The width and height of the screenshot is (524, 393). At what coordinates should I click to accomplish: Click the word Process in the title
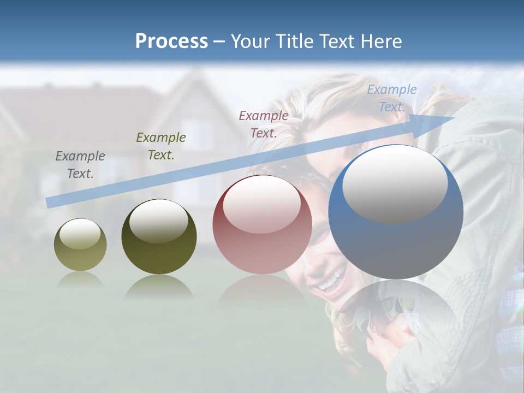(171, 41)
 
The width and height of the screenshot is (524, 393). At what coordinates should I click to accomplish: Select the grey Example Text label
(80, 165)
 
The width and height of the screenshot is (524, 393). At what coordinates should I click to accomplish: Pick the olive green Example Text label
(161, 146)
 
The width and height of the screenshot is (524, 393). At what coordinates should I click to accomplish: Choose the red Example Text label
(264, 124)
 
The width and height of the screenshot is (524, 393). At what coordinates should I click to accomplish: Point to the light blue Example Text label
(391, 98)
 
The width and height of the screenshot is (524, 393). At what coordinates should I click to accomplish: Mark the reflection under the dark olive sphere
(159, 287)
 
